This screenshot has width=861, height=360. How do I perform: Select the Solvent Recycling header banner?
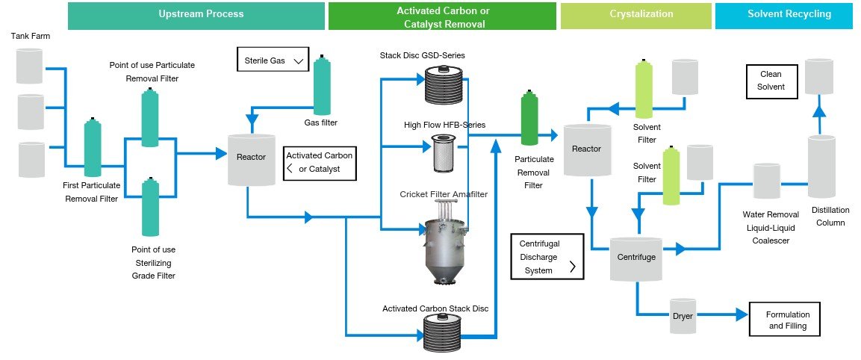783,15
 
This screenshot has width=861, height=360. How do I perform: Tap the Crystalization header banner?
635,15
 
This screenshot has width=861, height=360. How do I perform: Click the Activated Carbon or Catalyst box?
320,163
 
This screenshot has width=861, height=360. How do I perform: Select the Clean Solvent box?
772,81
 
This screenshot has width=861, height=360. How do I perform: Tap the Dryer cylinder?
683,317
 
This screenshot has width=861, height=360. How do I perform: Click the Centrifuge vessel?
635,258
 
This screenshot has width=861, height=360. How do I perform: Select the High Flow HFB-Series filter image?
445,153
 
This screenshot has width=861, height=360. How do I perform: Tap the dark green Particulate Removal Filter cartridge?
529,120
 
